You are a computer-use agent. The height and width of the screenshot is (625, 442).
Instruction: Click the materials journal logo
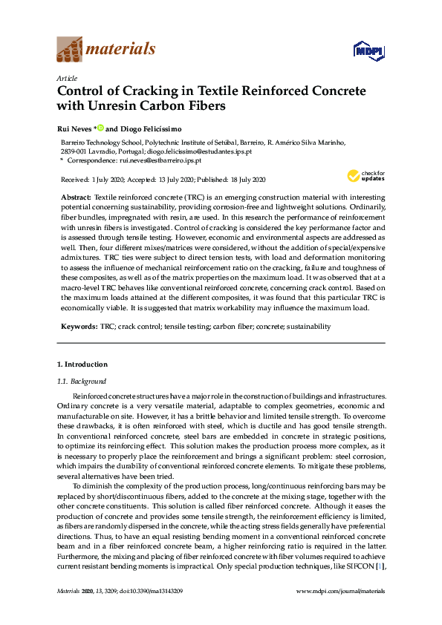pos(106,50)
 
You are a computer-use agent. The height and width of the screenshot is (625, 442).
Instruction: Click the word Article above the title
pos(66,77)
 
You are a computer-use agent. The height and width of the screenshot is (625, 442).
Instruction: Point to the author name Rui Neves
pos(74,128)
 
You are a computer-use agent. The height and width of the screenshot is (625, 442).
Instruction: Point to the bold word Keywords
pos(78,326)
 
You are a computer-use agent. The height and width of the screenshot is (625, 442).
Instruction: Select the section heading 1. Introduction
pos(82,364)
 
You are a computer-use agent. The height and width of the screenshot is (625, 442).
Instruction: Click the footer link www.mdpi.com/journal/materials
pos(341,611)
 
